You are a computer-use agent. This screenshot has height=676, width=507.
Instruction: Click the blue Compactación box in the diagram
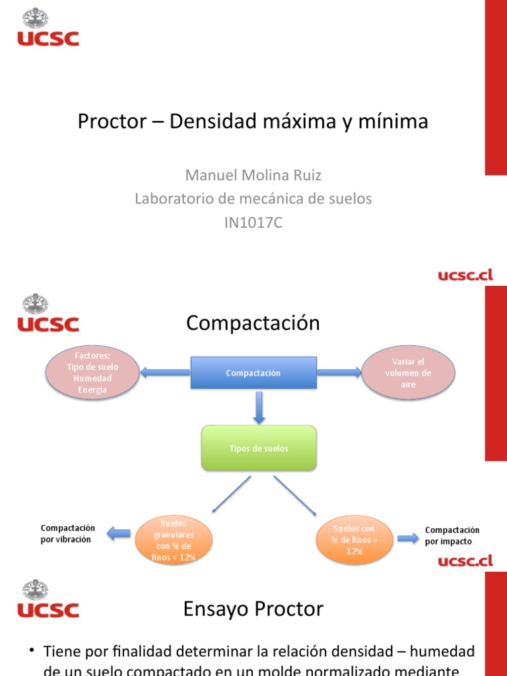[x=253, y=373]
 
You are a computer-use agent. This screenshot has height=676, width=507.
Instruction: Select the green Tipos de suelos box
[x=259, y=448]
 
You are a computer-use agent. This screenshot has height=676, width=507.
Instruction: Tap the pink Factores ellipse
[x=92, y=373]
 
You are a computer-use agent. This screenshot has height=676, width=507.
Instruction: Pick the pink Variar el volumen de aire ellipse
[x=409, y=373]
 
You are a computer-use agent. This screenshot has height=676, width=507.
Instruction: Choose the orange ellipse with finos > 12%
[x=354, y=540]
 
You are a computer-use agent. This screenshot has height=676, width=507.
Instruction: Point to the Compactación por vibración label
[x=68, y=533]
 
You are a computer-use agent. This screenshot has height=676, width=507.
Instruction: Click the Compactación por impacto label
[x=452, y=535]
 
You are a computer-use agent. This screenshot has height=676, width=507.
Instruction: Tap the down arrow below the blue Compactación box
[x=259, y=407]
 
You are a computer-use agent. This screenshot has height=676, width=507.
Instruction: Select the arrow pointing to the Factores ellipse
[x=164, y=373]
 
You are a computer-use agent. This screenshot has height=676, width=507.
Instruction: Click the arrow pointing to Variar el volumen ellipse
[x=339, y=373]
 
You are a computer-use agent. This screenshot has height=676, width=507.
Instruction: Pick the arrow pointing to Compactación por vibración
[x=119, y=533]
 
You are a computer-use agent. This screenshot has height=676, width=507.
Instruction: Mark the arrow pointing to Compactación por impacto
[x=407, y=538]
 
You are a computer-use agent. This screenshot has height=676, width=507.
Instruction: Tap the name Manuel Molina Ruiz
[x=253, y=175]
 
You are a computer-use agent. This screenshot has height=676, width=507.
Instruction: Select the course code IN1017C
[x=253, y=222]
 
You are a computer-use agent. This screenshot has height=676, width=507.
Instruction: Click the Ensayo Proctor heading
[x=253, y=609]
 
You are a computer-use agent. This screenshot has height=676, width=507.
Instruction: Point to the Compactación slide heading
[x=253, y=323]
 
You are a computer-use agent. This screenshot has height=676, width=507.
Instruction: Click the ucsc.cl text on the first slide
[x=465, y=275]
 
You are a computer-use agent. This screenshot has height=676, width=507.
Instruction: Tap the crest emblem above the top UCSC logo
[x=35, y=18]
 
